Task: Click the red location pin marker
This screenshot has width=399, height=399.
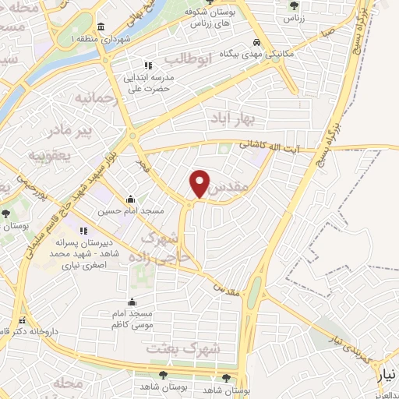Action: (200, 183)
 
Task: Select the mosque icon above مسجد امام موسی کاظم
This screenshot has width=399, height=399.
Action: (131, 302)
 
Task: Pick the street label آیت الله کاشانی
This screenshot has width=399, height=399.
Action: (268, 146)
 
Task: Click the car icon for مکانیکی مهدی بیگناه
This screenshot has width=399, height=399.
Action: (256, 44)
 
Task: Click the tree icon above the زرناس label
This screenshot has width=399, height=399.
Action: (293, 5)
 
